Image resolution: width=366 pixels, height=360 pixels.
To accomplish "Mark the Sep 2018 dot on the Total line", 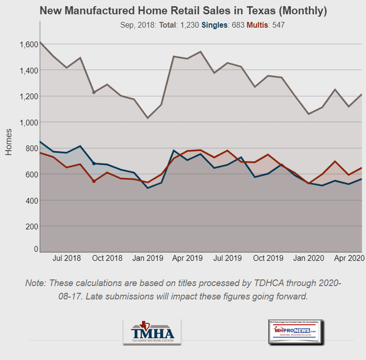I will coord(94,92).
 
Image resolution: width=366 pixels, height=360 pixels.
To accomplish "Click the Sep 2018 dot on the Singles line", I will coord(94,164).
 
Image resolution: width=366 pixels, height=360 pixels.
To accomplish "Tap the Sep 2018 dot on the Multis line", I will coord(94,181).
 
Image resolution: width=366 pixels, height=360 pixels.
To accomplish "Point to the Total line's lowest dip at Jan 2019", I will coord(147,117).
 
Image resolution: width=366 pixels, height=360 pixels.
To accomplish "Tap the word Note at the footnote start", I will coord(36,283).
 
